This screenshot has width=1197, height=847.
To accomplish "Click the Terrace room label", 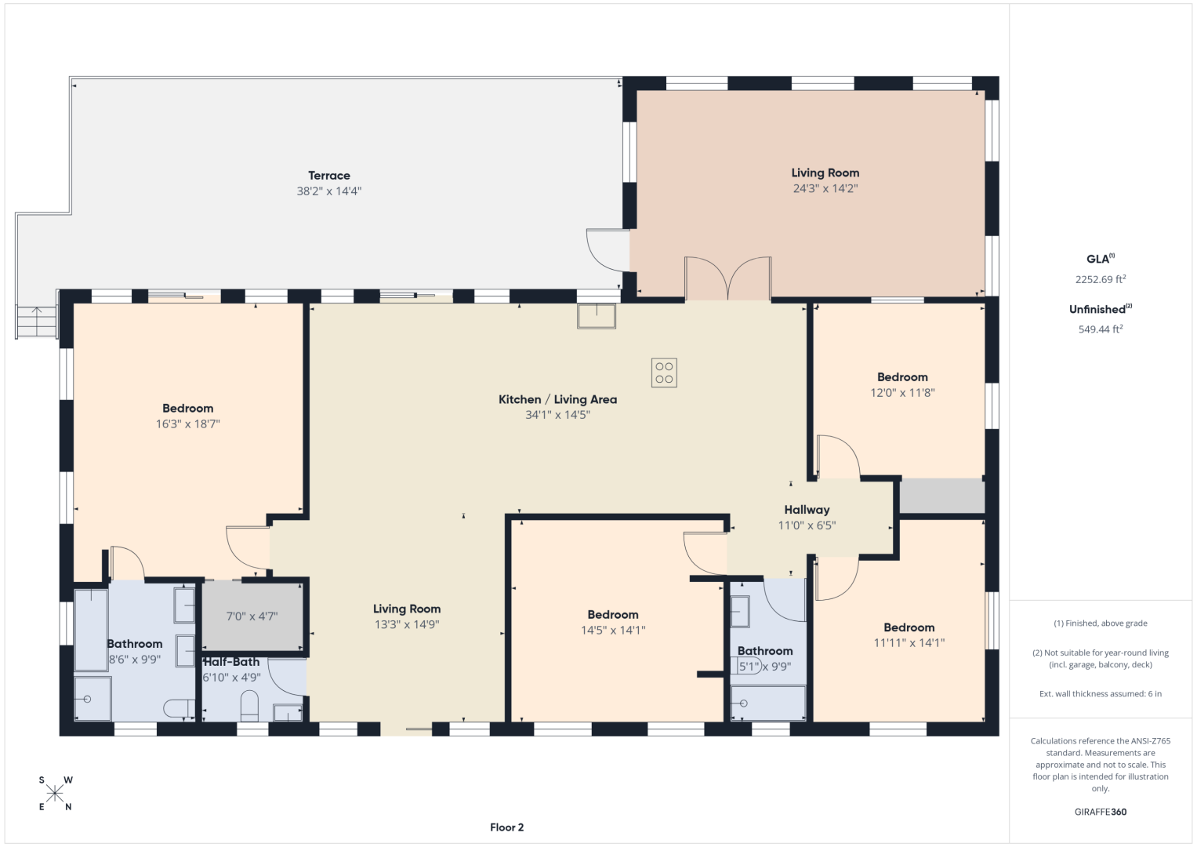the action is (329, 176).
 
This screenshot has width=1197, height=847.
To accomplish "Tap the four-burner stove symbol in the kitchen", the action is (664, 373).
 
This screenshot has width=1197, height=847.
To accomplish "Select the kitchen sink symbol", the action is (597, 316).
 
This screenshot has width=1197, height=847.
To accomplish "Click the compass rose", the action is (55, 794).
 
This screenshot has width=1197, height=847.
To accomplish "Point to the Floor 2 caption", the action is (506, 827).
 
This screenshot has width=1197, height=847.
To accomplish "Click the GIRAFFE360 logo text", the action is (1101, 812).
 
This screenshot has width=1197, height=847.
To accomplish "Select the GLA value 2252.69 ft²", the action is (1101, 279).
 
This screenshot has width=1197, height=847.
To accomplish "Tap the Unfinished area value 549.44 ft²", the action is (1101, 329).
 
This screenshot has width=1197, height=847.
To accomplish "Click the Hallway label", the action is (807, 510).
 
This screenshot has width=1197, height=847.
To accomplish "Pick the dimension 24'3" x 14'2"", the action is (825, 188).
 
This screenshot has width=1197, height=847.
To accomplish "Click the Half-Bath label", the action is (231, 662).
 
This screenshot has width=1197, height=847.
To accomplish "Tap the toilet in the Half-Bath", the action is (249, 706).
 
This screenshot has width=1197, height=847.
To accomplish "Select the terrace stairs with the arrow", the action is (36, 322).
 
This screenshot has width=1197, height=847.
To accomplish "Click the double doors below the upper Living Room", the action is (727, 278).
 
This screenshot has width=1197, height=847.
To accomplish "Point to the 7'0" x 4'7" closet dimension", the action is (252, 616).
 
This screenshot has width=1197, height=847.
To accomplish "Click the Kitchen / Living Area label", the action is (557, 399).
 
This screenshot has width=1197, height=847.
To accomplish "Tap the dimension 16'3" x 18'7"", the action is (188, 424).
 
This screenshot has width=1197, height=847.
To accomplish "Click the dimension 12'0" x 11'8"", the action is (902, 392).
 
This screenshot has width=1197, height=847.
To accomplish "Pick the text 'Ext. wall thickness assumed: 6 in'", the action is (1101, 693).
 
